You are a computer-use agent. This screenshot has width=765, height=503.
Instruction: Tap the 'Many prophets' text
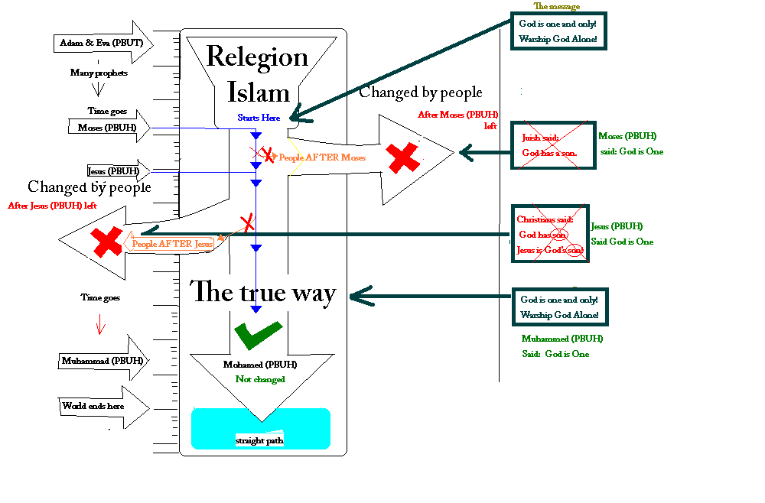99,73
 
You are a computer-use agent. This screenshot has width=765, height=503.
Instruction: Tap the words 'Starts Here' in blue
259,118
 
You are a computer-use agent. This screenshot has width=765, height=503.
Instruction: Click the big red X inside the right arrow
402,157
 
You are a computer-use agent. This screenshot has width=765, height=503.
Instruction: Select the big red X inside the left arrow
106,242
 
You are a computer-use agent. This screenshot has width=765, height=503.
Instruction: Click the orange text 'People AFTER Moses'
322,157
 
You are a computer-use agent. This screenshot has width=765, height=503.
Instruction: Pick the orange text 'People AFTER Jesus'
171,244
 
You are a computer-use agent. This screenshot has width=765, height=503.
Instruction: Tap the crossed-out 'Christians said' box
550,234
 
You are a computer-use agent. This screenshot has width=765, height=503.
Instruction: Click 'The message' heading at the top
556,7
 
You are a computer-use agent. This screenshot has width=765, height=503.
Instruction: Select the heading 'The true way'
262,291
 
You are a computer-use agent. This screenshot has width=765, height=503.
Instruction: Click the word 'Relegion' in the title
257,57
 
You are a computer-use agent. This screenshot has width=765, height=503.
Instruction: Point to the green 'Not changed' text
260,379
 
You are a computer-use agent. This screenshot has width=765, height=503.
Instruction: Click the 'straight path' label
260,440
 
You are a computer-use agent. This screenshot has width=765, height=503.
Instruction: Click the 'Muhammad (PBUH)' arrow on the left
97,360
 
